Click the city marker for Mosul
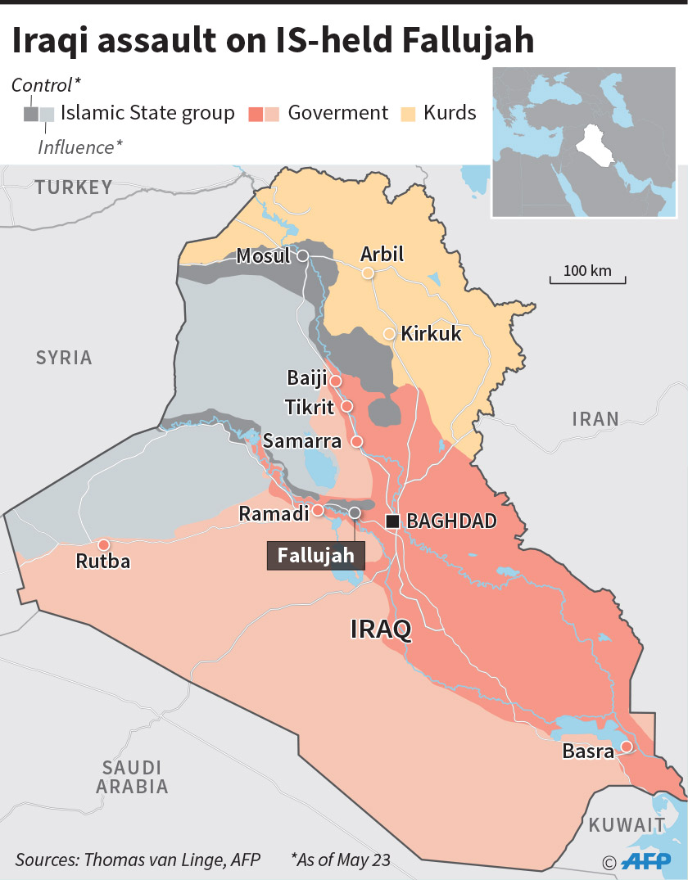pyautogui.click(x=302, y=256)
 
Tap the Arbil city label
pyautogui.click(x=382, y=254)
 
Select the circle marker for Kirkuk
pyautogui.click(x=389, y=334)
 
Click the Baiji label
pyautogui.click(x=306, y=379)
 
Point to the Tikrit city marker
pyautogui.click(x=347, y=406)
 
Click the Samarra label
pyautogui.click(x=301, y=441)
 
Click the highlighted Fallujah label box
pyautogui.click(x=315, y=555)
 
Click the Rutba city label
pyautogui.click(x=102, y=562)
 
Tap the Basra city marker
pyautogui.click(x=626, y=746)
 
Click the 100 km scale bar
pyautogui.click(x=587, y=278)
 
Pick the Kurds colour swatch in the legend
pyautogui.click(x=408, y=113)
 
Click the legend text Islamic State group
pyautogui.click(x=148, y=113)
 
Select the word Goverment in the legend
pyautogui.click(x=337, y=113)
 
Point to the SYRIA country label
pyautogui.click(x=64, y=358)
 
